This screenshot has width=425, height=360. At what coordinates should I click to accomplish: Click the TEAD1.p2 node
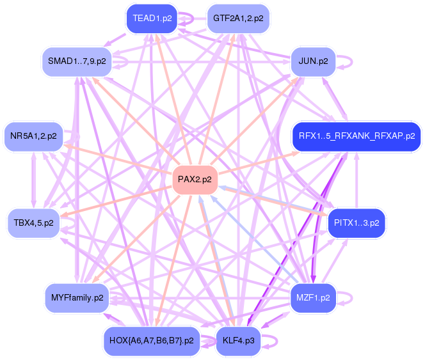(152, 19)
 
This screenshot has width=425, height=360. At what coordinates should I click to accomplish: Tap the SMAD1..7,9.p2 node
(76, 61)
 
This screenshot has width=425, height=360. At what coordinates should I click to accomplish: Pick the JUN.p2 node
(313, 61)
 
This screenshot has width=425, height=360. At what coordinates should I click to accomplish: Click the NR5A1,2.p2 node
(33, 136)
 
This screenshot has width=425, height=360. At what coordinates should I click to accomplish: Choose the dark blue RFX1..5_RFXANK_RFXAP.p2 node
(356, 136)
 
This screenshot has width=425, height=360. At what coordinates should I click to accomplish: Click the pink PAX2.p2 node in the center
(195, 180)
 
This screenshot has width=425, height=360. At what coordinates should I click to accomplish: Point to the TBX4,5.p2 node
(33, 223)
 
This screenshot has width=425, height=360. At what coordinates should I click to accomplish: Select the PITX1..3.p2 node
(356, 223)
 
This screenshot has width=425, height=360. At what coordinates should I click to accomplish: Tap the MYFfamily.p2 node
(76, 297)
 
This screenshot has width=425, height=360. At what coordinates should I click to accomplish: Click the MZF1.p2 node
(313, 297)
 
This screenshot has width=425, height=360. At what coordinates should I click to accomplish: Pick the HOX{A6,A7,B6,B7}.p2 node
(152, 340)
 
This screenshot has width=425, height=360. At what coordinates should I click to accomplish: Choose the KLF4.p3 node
(238, 340)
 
